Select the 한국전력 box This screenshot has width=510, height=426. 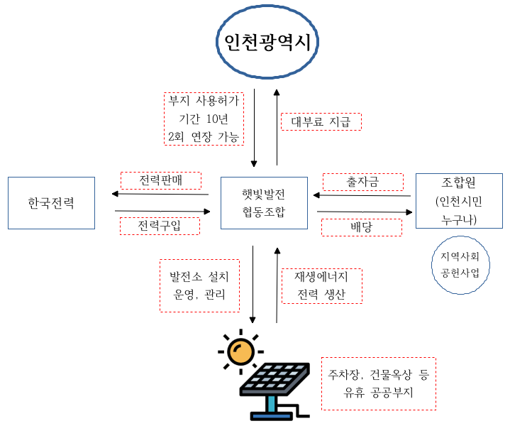click(51, 203)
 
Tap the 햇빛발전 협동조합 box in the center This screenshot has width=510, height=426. click(263, 202)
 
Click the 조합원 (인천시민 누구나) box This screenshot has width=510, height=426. click(459, 201)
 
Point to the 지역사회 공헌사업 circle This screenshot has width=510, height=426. click(460, 263)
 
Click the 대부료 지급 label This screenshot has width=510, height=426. click(321, 121)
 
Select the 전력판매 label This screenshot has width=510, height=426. click(161, 180)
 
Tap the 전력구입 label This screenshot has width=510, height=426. click(160, 226)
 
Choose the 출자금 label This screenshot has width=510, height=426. click(363, 182)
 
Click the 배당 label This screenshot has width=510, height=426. click(362, 227)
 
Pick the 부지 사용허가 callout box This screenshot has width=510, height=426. click(204, 119)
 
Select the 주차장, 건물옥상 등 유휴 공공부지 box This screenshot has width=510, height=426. click(378, 383)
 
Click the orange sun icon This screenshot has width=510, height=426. click(240, 350)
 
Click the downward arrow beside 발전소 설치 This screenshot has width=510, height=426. click(253, 283)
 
